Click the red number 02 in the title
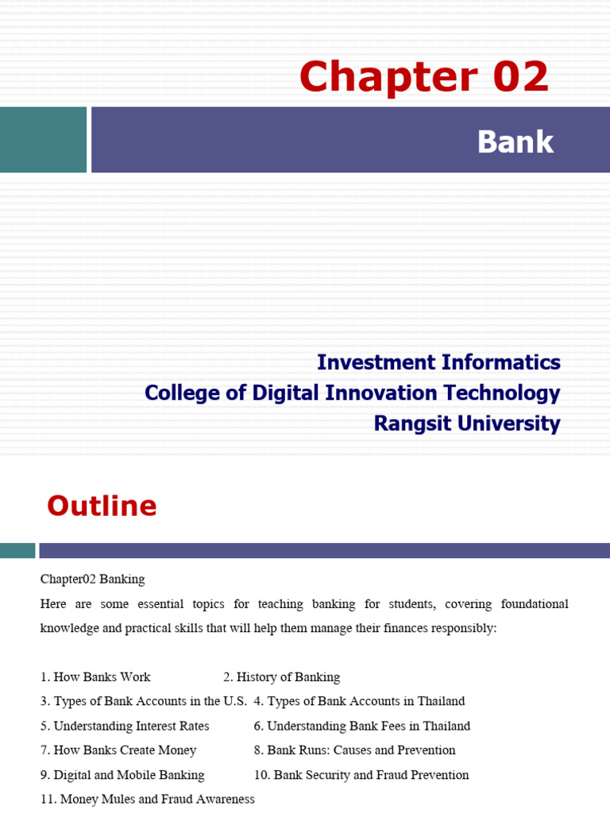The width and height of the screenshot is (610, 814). tap(520, 76)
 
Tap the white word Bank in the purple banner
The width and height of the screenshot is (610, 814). tap(515, 141)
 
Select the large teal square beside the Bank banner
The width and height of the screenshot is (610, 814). tap(43, 140)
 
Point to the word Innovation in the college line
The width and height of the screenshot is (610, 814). tap(380, 393)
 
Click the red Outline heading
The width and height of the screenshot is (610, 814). tap(102, 506)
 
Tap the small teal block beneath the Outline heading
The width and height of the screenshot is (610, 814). tap(17, 550)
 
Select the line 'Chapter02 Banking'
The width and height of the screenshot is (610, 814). tap(92, 579)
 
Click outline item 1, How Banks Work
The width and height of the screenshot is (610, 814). tap(95, 677)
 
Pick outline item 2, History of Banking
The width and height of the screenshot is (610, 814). tap(282, 677)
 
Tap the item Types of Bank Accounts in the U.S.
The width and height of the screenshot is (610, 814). tap(144, 701)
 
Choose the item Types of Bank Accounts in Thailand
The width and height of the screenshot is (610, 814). tap(359, 701)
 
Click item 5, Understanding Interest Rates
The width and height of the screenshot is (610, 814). tap(125, 726)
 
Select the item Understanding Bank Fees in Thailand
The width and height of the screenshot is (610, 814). tap(362, 726)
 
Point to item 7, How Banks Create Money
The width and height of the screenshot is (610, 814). tap(118, 750)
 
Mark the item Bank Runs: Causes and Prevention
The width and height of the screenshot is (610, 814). tap(355, 750)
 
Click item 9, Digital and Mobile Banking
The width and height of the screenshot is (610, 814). tap(122, 775)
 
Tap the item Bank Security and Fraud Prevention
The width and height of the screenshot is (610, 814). tap(361, 775)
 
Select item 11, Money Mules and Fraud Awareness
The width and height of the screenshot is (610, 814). tap(147, 800)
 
